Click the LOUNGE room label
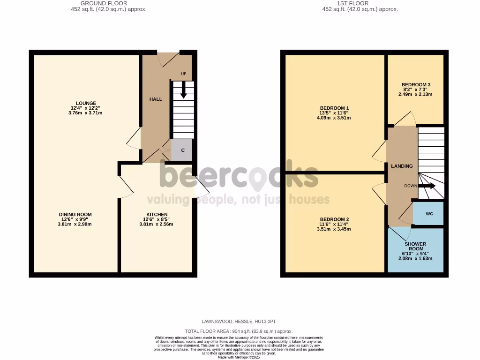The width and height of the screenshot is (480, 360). point(86,103)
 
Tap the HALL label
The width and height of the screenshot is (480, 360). point(156,99)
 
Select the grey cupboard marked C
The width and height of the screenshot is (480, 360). point(182,150)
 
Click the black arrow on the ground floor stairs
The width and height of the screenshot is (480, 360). point(184,90)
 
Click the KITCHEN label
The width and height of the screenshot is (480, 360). point(156,214)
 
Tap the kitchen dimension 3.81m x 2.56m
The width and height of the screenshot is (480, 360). point(156,224)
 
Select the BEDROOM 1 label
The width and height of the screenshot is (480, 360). point(334,108)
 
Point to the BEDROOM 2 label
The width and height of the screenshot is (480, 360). point(334,219)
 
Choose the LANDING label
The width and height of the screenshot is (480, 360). point(402,166)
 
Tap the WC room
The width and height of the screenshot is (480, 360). point(429,214)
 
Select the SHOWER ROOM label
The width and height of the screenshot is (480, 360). point(415,247)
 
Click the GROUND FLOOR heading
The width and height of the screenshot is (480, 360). point(104,3)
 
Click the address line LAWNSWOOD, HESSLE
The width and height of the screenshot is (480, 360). point(239,322)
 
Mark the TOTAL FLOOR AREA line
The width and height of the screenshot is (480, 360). point(239,331)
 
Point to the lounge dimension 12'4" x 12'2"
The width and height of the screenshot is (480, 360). point(86,108)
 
